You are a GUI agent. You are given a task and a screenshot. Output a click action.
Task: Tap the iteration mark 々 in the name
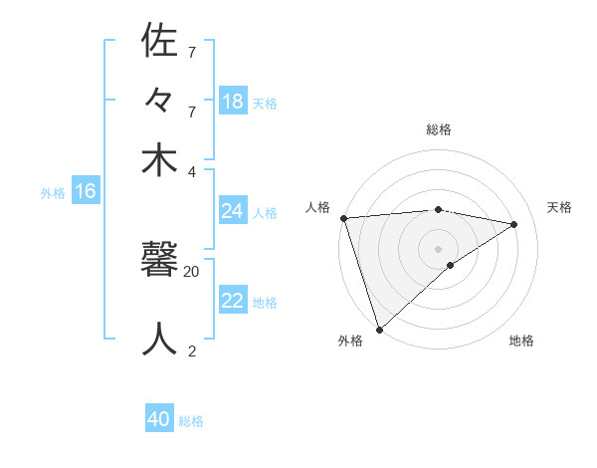point(159,102)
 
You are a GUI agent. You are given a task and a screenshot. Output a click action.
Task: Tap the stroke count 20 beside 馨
point(191,270)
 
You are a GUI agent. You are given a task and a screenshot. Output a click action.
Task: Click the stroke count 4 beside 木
point(191,170)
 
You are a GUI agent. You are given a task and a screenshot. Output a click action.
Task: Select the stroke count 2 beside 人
point(191,350)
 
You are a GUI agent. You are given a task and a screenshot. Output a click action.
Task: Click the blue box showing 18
point(233,102)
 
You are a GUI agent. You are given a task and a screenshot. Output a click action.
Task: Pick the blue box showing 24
point(233,211)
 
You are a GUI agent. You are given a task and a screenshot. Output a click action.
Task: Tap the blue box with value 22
point(233,301)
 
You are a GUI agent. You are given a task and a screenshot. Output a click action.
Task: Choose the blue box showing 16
point(86,191)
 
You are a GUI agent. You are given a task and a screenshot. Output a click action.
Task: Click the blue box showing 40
point(159,419)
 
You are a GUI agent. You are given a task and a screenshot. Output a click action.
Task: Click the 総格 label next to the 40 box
point(191,421)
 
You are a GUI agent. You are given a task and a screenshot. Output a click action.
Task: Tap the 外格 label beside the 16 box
point(53,193)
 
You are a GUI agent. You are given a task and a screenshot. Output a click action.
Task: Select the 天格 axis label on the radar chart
point(559,207)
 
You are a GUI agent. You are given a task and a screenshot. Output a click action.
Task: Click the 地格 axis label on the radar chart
point(521,341)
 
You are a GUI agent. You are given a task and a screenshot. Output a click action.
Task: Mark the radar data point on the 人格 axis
point(343,218)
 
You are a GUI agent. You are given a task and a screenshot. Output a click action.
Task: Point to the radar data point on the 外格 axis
point(380,329)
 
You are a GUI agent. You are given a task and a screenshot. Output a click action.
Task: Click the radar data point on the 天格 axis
point(514,224)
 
